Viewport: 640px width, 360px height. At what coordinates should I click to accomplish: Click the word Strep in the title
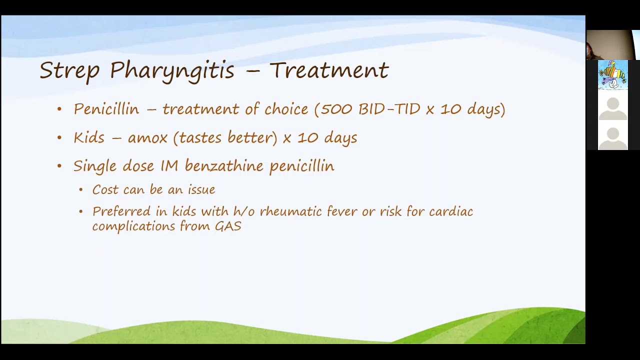pyautogui.click(x=69, y=70)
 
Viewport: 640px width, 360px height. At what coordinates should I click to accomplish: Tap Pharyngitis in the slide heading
pyautogui.click(x=172, y=71)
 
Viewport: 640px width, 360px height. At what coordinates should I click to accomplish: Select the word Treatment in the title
pyautogui.click(x=329, y=70)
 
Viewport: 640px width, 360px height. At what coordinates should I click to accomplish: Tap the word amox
pyautogui.click(x=147, y=137)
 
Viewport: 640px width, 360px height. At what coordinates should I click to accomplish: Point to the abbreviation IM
pyautogui.click(x=169, y=166)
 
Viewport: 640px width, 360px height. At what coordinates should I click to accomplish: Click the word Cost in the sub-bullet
pyautogui.click(x=105, y=190)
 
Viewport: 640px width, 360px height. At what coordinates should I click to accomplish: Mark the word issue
pyautogui.click(x=201, y=190)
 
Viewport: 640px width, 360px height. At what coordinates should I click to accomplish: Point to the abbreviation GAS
pyautogui.click(x=228, y=226)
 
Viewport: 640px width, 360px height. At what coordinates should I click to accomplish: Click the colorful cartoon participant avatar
pyautogui.click(x=612, y=75)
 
